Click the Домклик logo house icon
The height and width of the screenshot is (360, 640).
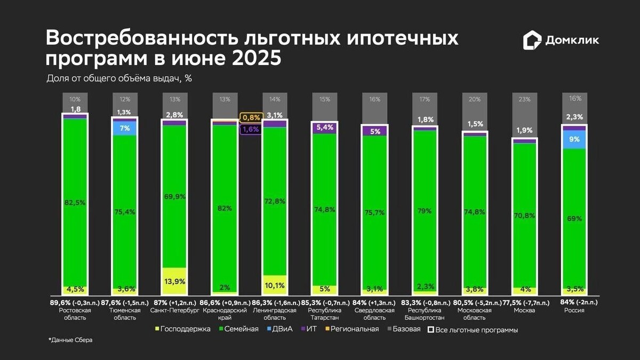click(x=532, y=40)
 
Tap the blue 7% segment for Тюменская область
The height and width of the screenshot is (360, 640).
click(x=124, y=129)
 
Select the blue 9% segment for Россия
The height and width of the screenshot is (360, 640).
click(x=574, y=139)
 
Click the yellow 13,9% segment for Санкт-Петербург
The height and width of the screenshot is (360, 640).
click(x=174, y=281)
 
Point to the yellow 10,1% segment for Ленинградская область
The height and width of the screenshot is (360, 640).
click(x=275, y=284)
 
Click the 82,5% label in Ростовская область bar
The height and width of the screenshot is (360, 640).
click(x=75, y=203)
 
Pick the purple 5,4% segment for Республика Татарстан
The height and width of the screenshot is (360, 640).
click(x=325, y=127)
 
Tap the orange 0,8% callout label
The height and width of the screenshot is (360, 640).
click(x=251, y=117)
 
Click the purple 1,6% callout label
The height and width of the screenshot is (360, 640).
click(x=251, y=129)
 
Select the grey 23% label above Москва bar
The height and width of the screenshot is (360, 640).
click(x=525, y=99)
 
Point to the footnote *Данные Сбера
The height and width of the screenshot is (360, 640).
click(x=70, y=340)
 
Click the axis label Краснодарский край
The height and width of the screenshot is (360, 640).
click(x=224, y=314)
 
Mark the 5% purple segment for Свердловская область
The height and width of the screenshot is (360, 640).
click(x=375, y=131)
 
